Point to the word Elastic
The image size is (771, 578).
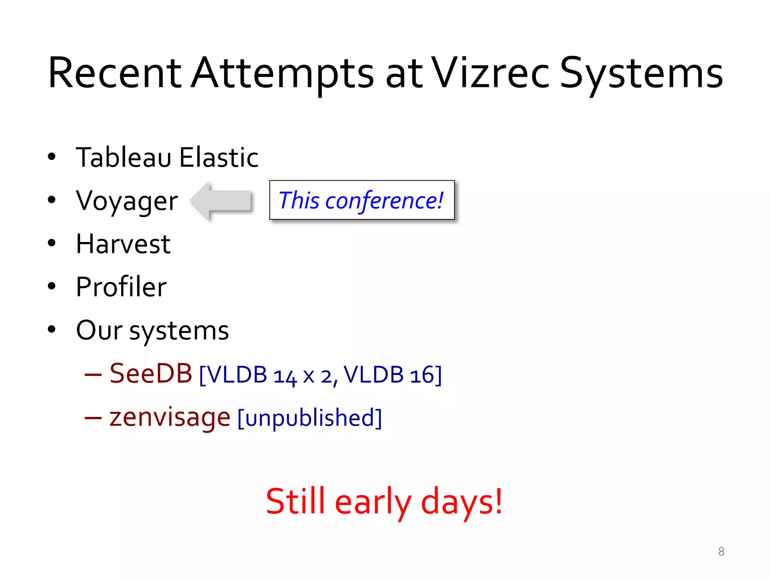(219, 157)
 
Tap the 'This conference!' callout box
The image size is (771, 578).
(362, 200)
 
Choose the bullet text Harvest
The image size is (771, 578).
(123, 244)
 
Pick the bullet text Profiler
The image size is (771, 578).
(121, 287)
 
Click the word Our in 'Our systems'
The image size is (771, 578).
(99, 330)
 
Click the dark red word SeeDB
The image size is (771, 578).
(151, 374)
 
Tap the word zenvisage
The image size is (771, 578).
(170, 417)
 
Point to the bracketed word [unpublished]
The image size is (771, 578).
(310, 418)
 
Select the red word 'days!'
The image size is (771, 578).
(462, 502)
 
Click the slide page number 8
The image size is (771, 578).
(721, 552)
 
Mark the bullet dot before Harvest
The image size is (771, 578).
(52, 243)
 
